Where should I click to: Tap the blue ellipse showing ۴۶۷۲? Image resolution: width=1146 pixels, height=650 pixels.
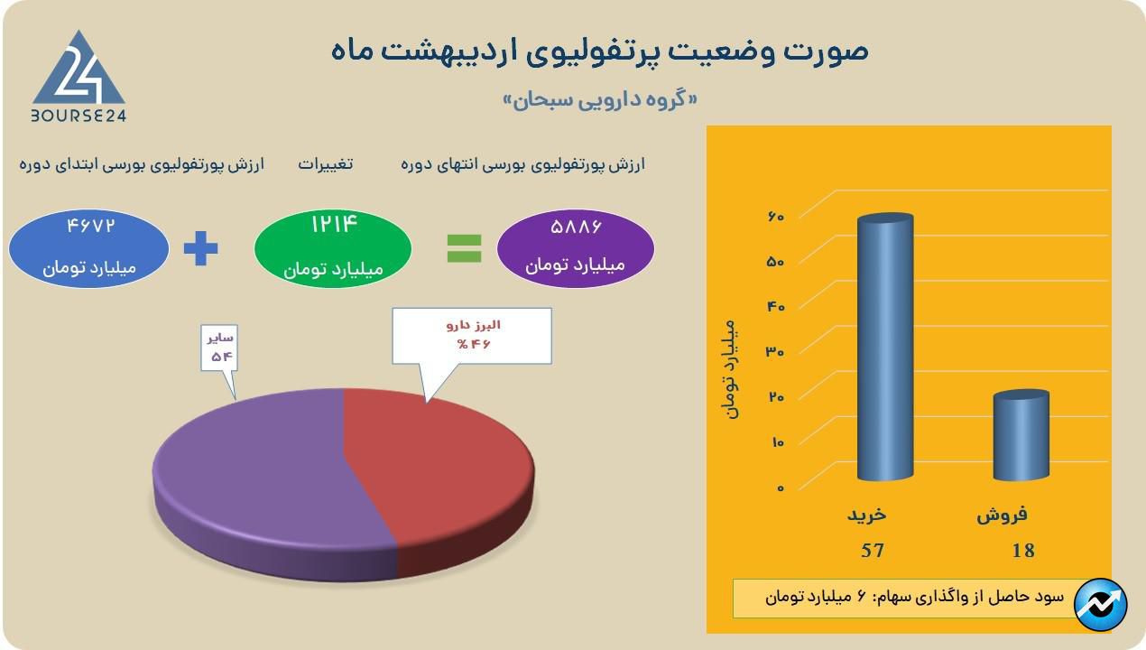(x=89, y=248)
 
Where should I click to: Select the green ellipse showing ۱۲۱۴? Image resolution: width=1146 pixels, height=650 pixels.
(x=333, y=248)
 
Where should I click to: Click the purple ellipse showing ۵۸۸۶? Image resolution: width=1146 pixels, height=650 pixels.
(x=576, y=248)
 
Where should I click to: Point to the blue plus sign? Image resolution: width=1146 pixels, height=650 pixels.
(x=200, y=248)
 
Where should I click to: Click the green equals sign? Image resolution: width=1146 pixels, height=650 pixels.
(x=464, y=248)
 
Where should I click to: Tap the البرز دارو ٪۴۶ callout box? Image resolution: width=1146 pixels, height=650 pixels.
(x=472, y=336)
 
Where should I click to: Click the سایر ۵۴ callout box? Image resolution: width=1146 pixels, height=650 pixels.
(x=219, y=348)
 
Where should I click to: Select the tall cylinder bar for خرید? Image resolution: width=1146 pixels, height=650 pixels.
(x=885, y=347)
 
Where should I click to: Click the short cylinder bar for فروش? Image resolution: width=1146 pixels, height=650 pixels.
(x=1021, y=435)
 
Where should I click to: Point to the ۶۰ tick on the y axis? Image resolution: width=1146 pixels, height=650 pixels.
(x=776, y=217)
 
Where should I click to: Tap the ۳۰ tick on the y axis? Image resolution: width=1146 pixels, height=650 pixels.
(x=775, y=351)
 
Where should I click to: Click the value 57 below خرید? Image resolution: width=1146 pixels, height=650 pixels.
(x=873, y=550)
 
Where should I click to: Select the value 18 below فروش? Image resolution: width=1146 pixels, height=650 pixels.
(x=1023, y=550)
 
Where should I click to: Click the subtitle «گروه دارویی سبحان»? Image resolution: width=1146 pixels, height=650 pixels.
(x=600, y=100)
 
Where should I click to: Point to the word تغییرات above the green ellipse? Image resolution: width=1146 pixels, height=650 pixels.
(x=326, y=163)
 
